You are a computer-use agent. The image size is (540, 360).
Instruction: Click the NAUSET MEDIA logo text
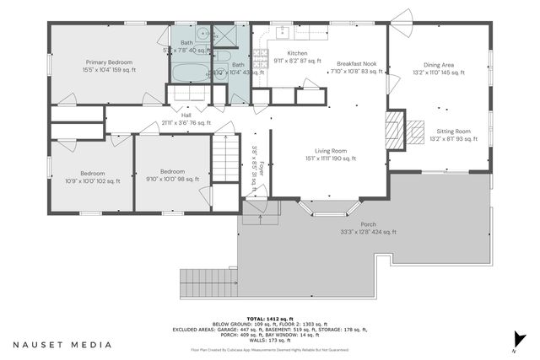(62, 345)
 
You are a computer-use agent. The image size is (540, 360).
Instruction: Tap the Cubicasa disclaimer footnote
(270, 349)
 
